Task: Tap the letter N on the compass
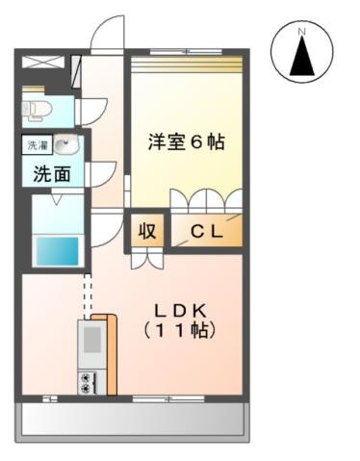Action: point(301,32)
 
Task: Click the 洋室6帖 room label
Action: point(186,142)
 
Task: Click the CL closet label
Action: point(206,231)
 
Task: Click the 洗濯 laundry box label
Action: point(36,145)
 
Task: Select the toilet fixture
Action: point(36,108)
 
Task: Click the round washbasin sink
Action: point(64,146)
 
